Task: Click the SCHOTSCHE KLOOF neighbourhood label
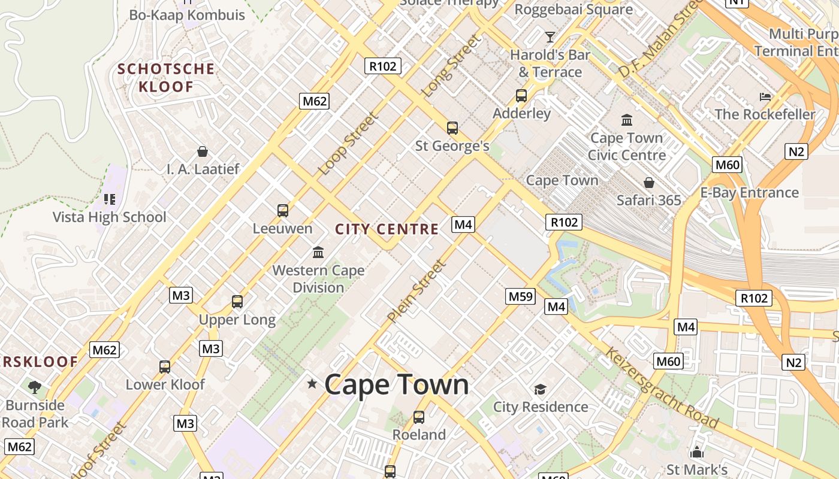tap(165, 78)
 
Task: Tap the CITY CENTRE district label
tap(387, 229)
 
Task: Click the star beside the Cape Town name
tap(312, 383)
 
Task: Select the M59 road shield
tap(520, 296)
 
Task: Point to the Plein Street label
tap(417, 291)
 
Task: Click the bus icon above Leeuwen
tap(283, 211)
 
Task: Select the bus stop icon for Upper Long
tap(237, 302)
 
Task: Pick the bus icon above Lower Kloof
tap(165, 366)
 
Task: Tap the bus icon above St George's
tap(452, 128)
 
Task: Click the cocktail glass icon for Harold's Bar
tap(550, 37)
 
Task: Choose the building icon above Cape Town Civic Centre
tap(627, 120)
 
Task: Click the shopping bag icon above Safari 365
tap(648, 182)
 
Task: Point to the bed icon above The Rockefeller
tap(765, 96)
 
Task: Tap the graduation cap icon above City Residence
tap(540, 389)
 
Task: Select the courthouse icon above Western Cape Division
tap(318, 252)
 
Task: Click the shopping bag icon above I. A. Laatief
tap(203, 151)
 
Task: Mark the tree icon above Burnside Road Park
tap(35, 387)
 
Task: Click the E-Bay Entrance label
tap(749, 192)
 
